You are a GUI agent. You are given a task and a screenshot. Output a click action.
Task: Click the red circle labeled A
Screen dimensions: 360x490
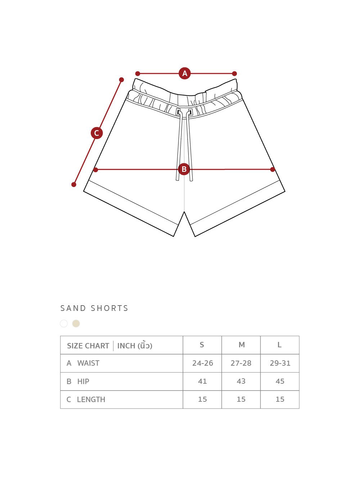tap(185, 73)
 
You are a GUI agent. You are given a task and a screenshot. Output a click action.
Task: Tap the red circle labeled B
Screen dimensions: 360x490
tap(184, 169)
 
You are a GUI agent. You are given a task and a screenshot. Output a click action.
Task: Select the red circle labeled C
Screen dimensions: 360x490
tap(96, 133)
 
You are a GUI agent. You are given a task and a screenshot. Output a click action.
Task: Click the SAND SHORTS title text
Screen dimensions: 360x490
tap(94, 308)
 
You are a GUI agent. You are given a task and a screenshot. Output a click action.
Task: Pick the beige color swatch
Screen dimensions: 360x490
tap(76, 323)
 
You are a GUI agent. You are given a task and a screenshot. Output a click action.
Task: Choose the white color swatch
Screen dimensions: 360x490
tap(64, 323)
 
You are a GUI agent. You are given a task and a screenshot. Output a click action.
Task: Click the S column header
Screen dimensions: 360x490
tap(202, 345)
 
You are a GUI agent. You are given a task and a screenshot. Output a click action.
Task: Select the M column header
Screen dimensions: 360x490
tap(242, 345)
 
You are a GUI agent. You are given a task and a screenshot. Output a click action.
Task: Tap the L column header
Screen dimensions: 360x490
tap(280, 345)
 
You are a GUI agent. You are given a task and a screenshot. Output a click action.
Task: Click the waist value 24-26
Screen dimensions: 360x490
tap(203, 363)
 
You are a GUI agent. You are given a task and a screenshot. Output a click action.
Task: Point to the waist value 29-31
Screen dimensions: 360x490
tap(280, 363)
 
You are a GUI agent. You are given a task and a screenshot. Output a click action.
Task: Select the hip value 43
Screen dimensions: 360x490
tap(241, 381)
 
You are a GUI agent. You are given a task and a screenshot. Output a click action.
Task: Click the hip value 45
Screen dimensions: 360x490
tap(280, 381)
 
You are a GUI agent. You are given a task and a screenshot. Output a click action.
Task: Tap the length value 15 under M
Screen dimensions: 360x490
tap(241, 399)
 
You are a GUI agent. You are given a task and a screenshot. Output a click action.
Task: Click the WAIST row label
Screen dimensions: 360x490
tap(88, 363)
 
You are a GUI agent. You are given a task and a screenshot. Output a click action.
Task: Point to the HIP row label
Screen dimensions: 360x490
tap(83, 382)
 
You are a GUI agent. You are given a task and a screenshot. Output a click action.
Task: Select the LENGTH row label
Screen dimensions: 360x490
tap(91, 400)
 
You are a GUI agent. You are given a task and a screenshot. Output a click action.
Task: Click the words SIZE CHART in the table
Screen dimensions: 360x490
tap(88, 346)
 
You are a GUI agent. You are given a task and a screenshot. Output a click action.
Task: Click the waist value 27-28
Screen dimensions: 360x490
tap(241, 363)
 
